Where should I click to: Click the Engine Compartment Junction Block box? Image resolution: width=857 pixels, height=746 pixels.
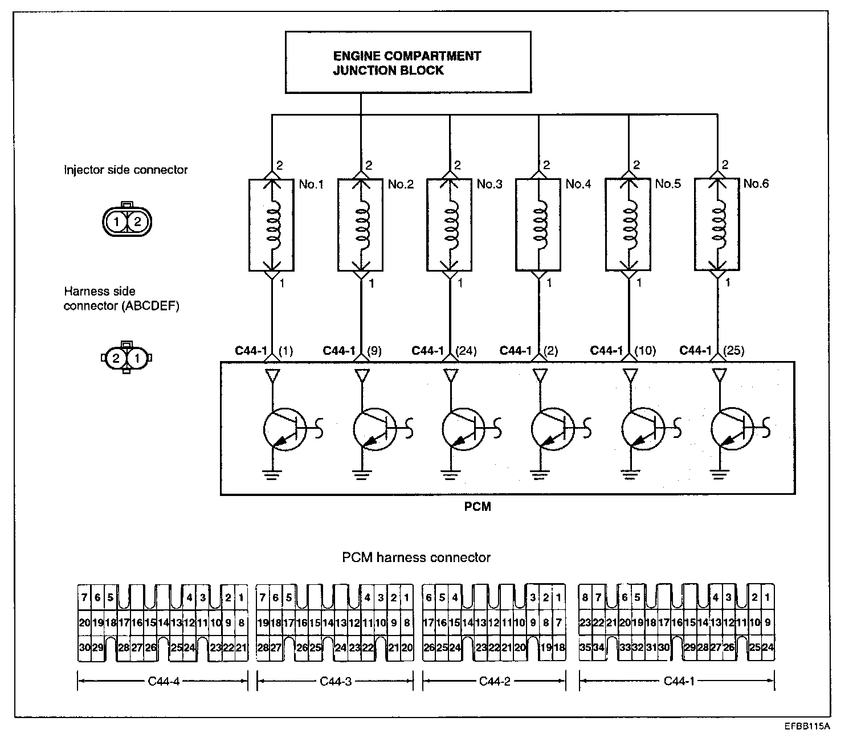click(x=407, y=63)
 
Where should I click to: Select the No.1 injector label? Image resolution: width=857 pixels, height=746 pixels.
click(x=311, y=184)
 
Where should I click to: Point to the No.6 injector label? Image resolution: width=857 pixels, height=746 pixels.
click(x=756, y=183)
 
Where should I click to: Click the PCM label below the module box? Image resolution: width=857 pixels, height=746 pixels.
click(x=478, y=506)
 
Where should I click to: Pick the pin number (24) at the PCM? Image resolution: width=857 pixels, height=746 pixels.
click(x=467, y=351)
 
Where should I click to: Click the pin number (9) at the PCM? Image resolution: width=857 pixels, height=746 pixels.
click(x=374, y=351)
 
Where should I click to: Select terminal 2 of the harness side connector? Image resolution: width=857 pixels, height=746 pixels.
click(x=116, y=359)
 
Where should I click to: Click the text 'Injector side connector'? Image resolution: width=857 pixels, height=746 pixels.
click(x=125, y=170)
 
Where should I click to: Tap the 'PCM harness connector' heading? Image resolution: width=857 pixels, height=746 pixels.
click(x=416, y=558)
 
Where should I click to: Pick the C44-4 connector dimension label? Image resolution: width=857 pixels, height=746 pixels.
click(x=163, y=681)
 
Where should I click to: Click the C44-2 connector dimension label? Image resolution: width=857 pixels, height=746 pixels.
click(x=494, y=681)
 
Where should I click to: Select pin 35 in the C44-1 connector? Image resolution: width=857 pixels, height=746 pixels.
click(x=585, y=647)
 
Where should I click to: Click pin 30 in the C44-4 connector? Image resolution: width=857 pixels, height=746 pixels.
click(x=84, y=647)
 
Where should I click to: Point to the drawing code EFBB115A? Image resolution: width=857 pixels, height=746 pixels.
click(x=806, y=726)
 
